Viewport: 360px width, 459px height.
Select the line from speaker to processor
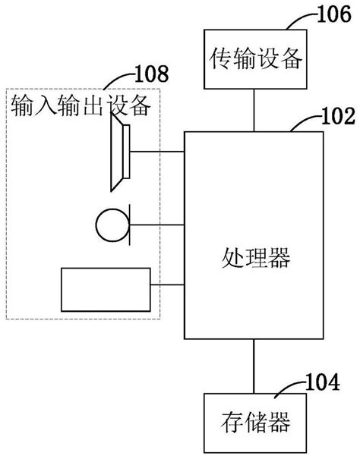click(x=156, y=152)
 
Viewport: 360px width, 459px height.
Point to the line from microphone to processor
click(x=158, y=224)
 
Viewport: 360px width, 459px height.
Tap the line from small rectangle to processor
click(x=168, y=286)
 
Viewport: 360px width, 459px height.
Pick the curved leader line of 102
click(x=302, y=124)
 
